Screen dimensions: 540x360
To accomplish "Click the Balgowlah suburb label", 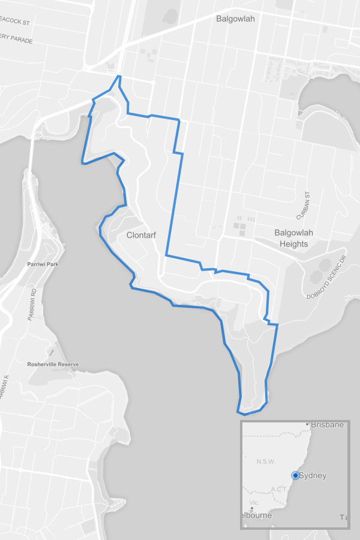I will click(x=235, y=19).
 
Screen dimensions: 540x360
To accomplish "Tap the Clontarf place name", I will click(x=141, y=235).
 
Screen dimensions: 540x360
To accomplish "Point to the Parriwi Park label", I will click(x=43, y=264).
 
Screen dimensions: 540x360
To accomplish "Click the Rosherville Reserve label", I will click(x=53, y=364).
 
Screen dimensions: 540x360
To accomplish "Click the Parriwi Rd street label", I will click(x=34, y=305).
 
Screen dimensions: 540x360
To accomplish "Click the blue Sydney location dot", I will click(x=295, y=476).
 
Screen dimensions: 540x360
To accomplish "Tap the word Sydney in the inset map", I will click(x=313, y=476).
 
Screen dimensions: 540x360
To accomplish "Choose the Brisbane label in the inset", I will click(x=327, y=425).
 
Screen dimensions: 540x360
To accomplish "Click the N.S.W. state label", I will click(x=265, y=461).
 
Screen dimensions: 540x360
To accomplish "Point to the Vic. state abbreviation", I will click(x=254, y=502).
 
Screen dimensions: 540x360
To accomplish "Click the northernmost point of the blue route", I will click(x=120, y=76).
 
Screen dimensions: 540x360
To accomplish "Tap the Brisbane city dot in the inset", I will click(x=307, y=424).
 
